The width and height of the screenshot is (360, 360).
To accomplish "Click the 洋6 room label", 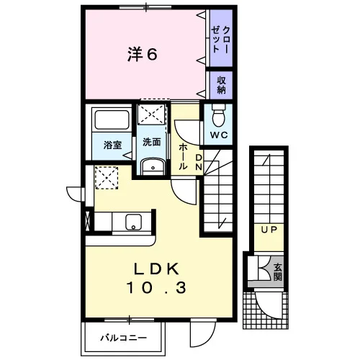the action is coord(143,54).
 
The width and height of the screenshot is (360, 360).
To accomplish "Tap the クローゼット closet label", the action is coord(221,40).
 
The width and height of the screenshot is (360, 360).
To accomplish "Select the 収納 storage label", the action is coord(221,85).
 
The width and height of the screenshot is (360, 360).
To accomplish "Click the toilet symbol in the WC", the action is coord(218,115).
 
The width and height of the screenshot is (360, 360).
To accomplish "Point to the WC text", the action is coord(219,135).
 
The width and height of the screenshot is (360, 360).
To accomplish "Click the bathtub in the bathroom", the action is coord(112,120).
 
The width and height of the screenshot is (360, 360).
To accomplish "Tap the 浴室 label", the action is coord(112,145).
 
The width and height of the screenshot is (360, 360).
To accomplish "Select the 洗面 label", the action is coord(152,142).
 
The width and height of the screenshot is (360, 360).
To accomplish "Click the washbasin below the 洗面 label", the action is coord(153,166).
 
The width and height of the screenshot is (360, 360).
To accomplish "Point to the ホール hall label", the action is coord(183,156).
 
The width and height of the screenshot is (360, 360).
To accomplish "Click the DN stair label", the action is coord(199,162).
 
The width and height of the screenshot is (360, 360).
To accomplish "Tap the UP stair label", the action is coord(269,230).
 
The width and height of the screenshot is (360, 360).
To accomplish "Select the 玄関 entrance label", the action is coord(278,272).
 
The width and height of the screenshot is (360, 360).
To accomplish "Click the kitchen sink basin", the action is coord(133,222).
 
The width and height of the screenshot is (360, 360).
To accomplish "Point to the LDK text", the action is coord(156,269).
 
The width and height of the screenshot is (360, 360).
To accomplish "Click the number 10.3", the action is coord(156,288).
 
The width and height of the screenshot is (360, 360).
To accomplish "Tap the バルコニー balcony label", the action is coord(123,338).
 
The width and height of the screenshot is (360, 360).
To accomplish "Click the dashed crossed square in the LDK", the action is coord(107,178).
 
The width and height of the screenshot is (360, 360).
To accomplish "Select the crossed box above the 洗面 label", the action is coord(152,114).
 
